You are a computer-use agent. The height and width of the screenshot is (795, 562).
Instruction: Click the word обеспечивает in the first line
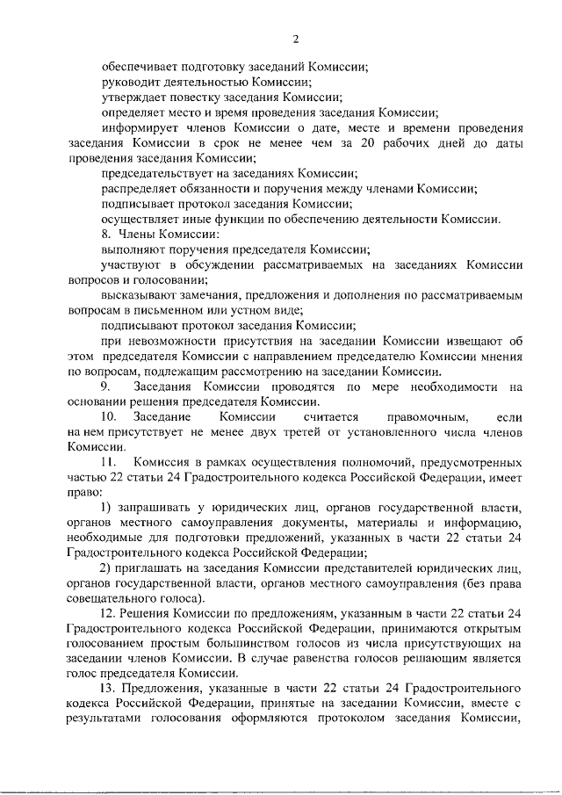[x=137, y=66]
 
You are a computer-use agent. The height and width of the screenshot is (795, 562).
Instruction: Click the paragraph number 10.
[x=109, y=418]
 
